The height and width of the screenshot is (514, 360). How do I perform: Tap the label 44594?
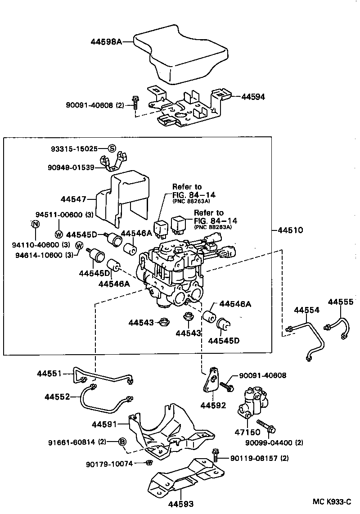tap(253, 96)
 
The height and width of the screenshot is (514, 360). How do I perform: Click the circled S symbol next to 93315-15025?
tap(112, 149)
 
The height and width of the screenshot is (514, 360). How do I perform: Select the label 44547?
tap(73, 198)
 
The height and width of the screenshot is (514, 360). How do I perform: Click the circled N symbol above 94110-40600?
tap(36, 224)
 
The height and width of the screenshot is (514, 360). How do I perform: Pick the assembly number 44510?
tap(290, 230)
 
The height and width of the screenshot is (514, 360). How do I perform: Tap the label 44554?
tap(307, 311)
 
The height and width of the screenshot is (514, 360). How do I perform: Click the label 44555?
tap(340, 302)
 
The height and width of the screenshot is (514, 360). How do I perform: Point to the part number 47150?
tap(247, 431)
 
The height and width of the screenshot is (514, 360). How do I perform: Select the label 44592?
tap(213, 405)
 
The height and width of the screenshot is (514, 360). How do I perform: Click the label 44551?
tap(49, 373)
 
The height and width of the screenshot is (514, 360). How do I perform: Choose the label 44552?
tap(57, 397)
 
